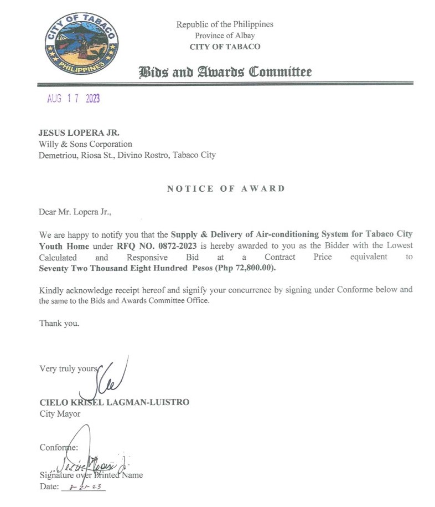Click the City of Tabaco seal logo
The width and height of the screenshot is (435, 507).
[x=82, y=44]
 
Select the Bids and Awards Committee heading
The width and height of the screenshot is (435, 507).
[x=225, y=72]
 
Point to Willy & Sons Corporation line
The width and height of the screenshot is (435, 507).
[x=85, y=144]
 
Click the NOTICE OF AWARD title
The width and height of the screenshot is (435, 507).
[x=226, y=188]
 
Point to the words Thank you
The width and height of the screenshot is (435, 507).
[x=59, y=324]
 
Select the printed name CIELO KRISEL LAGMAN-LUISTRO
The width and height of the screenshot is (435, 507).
[x=114, y=402]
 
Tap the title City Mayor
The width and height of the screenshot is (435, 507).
[x=60, y=413]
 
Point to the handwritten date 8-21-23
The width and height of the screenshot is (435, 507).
[x=84, y=486]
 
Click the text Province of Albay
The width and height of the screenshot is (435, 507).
[x=225, y=35]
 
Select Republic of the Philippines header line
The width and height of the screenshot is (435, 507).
[x=225, y=24]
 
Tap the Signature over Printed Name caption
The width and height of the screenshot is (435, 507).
[x=91, y=475]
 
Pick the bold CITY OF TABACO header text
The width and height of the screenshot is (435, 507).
[x=225, y=47]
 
